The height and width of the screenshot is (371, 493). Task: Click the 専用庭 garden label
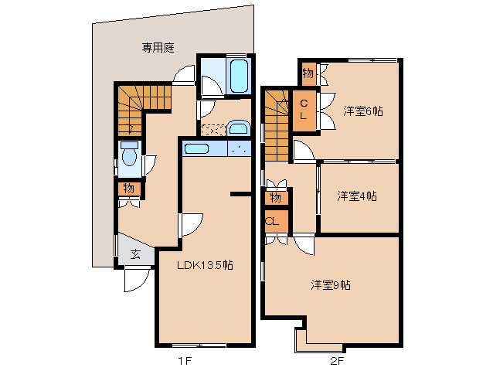[x=158, y=47]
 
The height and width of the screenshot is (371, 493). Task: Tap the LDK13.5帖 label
[x=205, y=264]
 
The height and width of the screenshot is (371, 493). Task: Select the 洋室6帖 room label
[x=362, y=111]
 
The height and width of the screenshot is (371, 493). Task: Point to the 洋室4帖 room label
[x=356, y=196]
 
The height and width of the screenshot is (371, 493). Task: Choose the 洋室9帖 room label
[x=331, y=284]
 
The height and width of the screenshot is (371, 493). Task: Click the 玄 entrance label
[x=135, y=253]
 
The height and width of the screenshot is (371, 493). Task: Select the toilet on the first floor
[x=129, y=158]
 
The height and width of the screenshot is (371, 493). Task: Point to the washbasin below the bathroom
[x=238, y=128]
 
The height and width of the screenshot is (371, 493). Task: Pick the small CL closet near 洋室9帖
[x=274, y=221]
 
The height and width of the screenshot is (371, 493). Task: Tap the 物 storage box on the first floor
[x=128, y=188]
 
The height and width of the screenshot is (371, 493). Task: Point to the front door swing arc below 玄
[x=133, y=281]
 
